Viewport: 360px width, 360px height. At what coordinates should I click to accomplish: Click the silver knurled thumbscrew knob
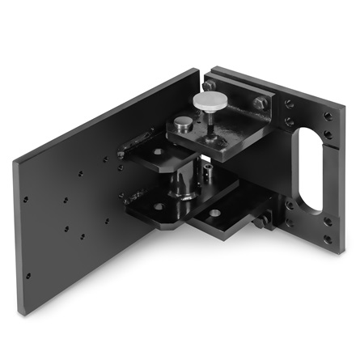[x=210, y=102]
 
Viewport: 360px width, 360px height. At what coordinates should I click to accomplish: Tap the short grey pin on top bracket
[x=184, y=123]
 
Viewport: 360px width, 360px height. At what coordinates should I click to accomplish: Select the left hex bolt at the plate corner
[x=210, y=85]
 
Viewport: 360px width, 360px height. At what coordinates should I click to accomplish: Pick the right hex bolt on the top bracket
[x=259, y=104]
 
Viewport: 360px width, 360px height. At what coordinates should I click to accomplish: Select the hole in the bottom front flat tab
[x=215, y=214]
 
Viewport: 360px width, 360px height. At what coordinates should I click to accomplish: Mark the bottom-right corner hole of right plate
[x=328, y=240]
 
